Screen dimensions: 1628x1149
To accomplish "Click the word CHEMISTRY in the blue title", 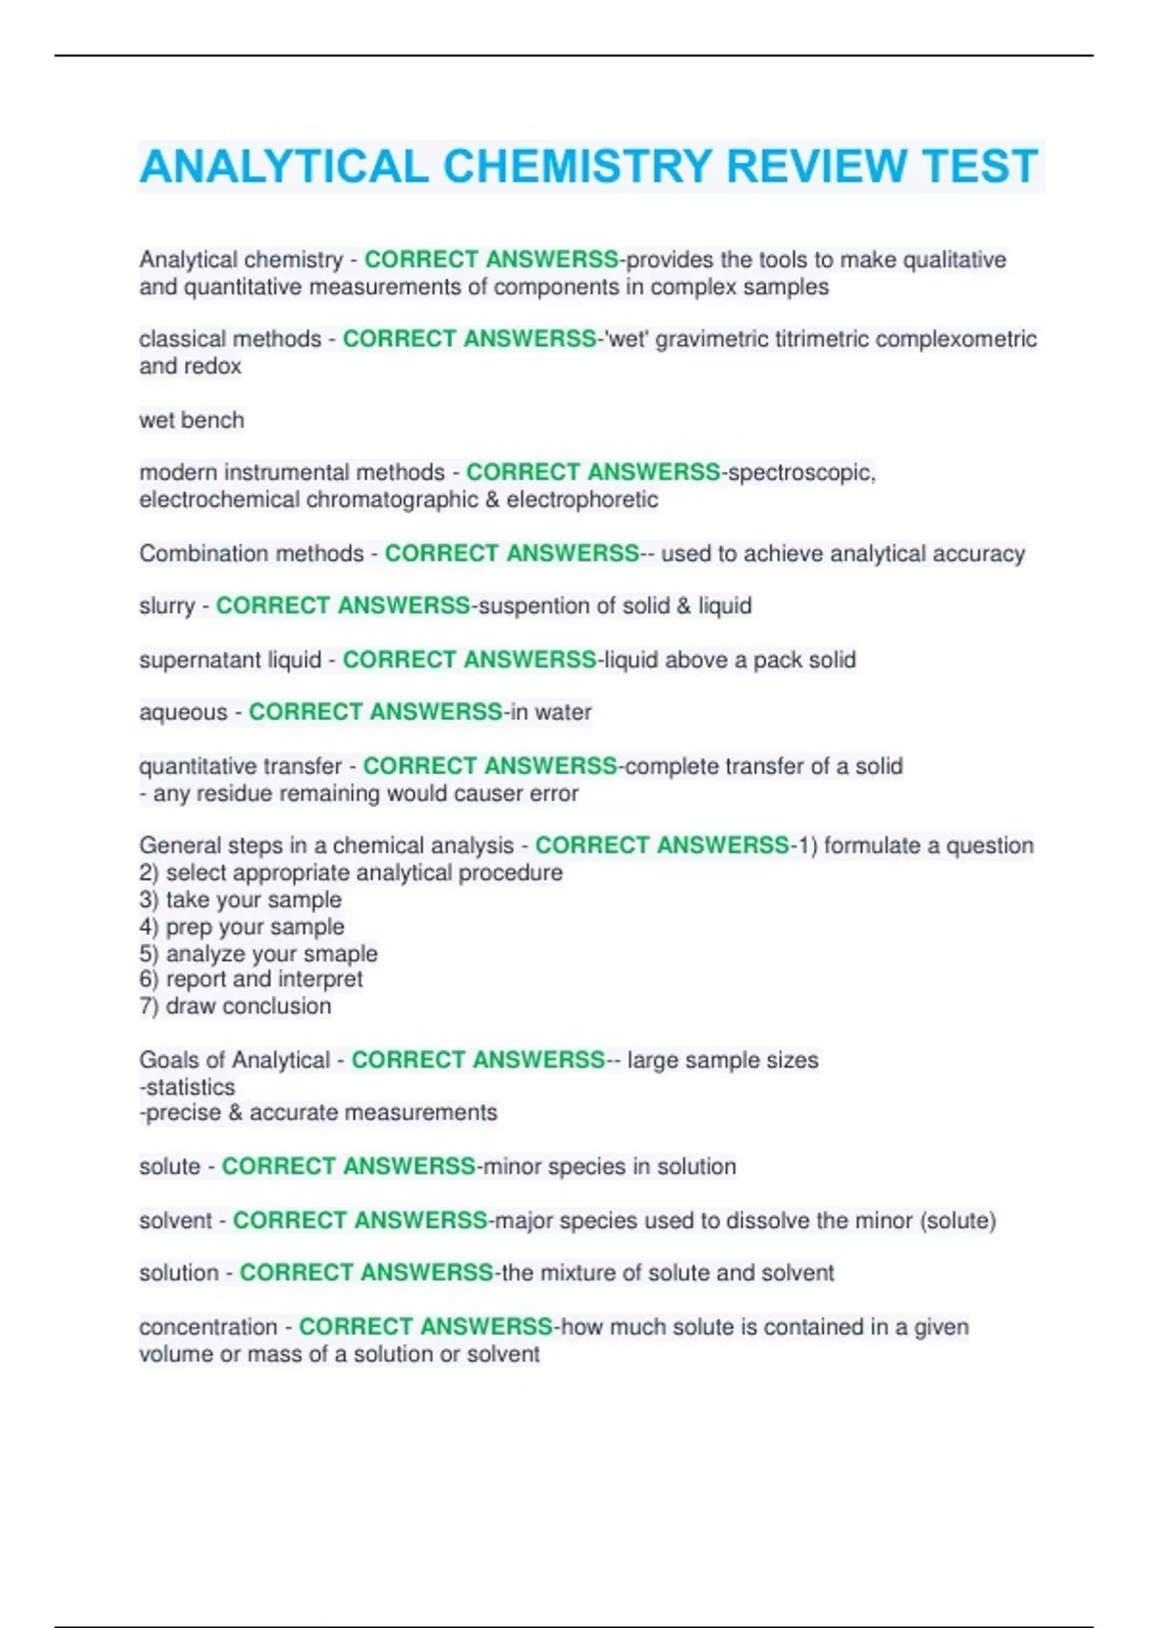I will point(576,167).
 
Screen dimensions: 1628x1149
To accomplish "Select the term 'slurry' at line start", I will point(167,606).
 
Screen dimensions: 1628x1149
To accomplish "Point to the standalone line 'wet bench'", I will point(191,420).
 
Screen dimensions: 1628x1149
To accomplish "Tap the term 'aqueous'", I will point(183,712).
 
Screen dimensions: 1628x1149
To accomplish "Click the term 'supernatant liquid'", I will point(230,660).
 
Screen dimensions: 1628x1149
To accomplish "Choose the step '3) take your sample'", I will point(240,900).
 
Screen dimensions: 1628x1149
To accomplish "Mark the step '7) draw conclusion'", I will point(236,1006).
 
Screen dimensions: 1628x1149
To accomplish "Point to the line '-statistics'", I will point(188,1087).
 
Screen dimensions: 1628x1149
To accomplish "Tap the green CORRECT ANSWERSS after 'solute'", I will point(349,1166).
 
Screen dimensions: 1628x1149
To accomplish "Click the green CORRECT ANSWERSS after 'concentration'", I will point(426,1327).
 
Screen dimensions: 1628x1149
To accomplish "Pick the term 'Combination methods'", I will point(251,554).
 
